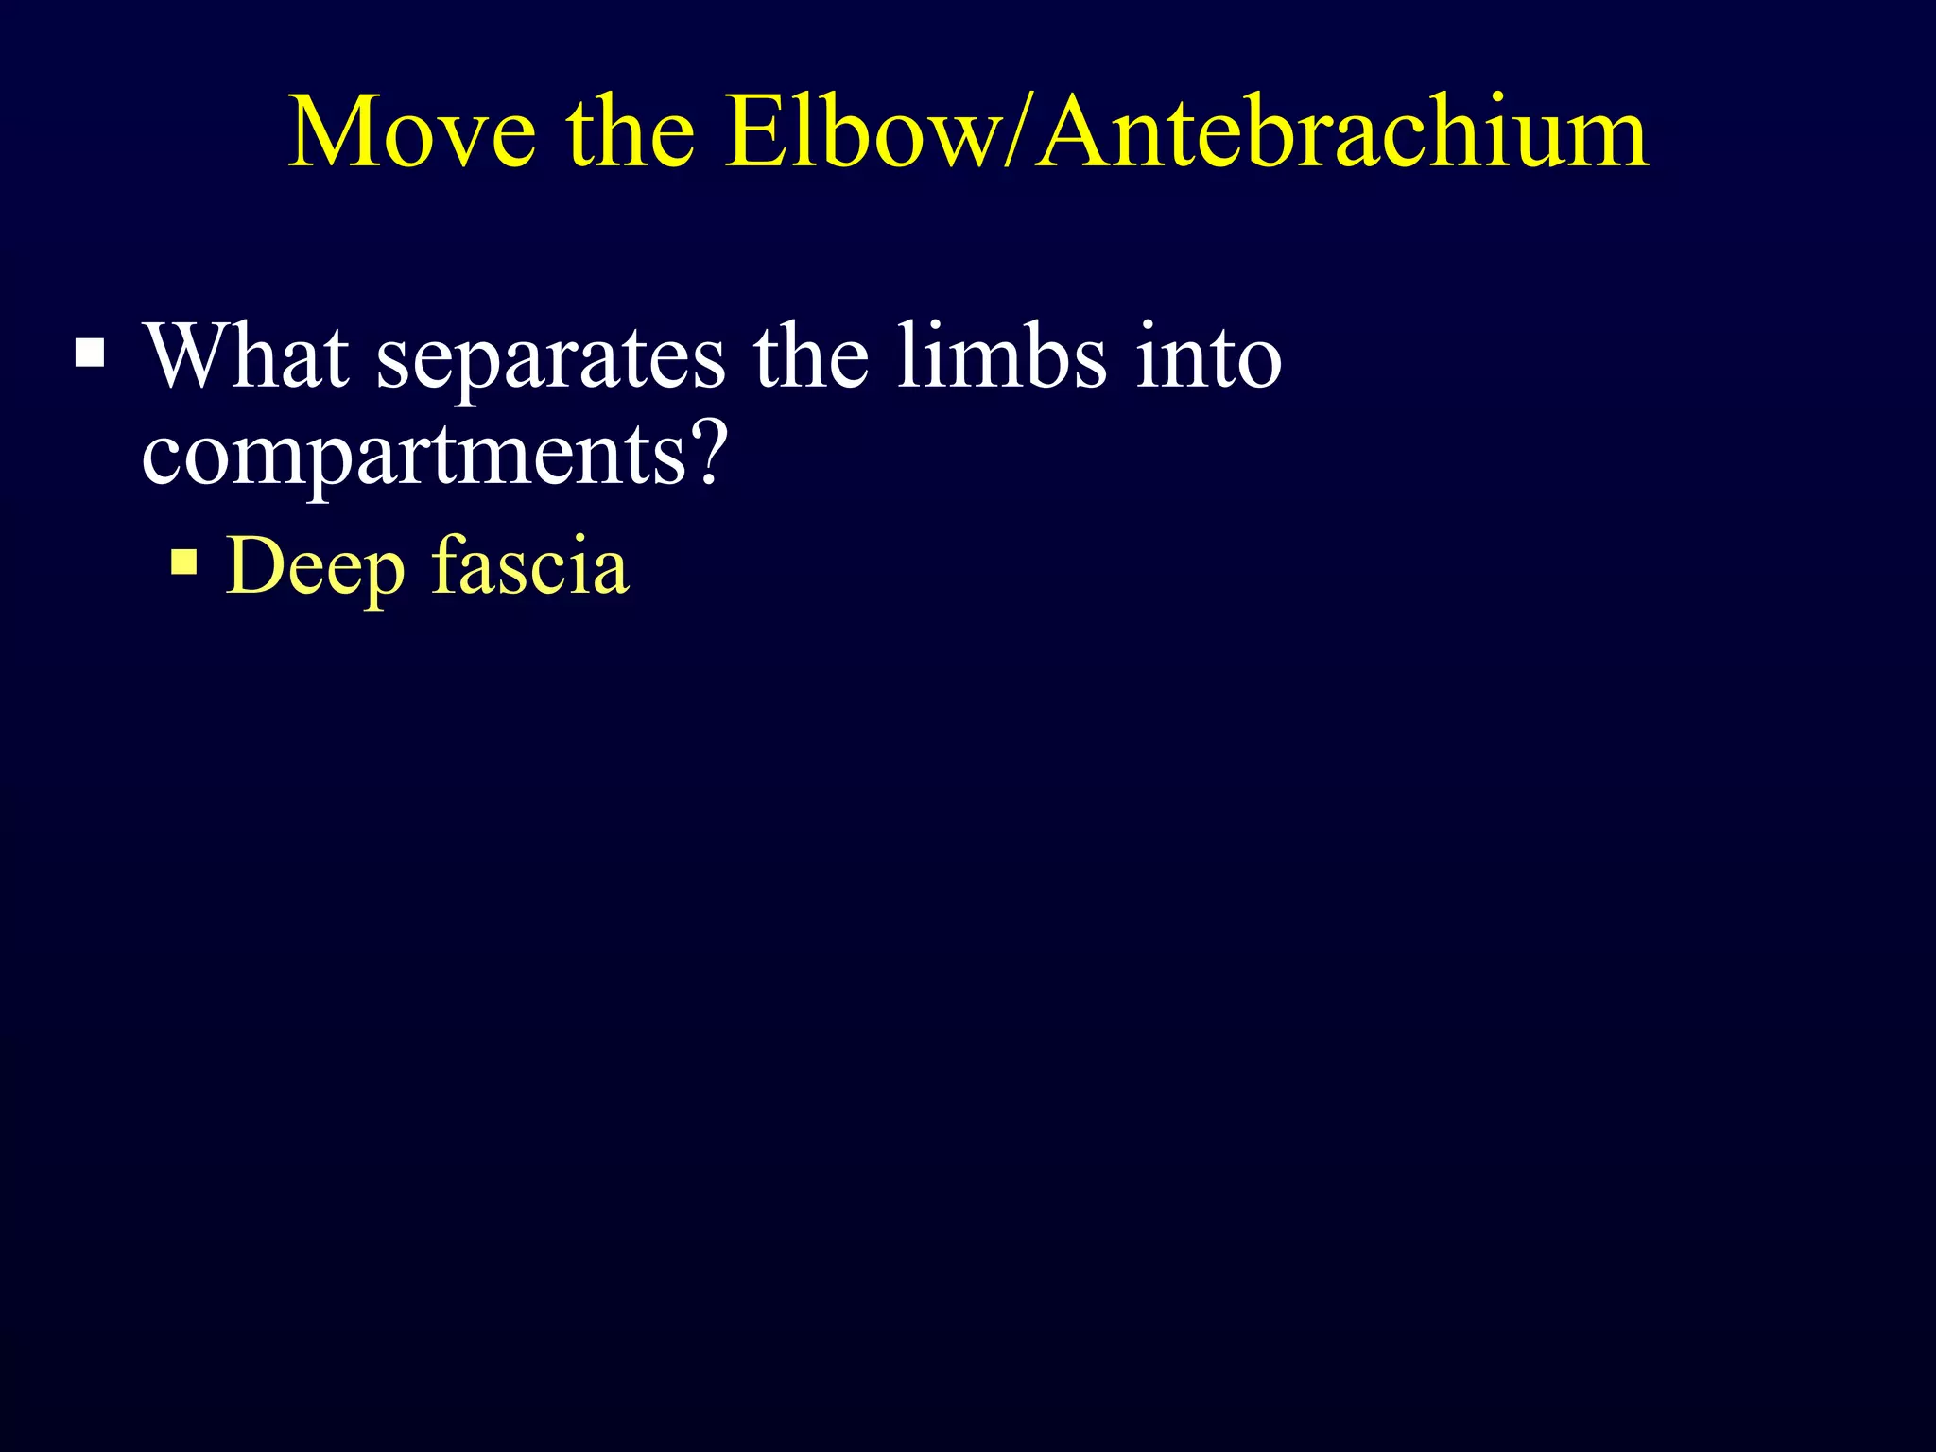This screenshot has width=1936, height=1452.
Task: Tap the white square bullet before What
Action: (91, 354)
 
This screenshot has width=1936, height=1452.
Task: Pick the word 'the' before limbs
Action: (810, 357)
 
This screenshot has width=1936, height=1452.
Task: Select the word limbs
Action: (1001, 357)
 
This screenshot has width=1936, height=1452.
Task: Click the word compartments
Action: (413, 457)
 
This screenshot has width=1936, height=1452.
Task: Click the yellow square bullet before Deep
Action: (185, 563)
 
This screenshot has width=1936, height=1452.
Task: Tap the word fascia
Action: (530, 565)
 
